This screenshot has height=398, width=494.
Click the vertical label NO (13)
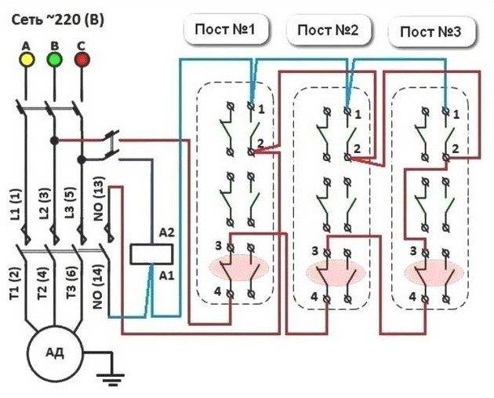tap(98, 202)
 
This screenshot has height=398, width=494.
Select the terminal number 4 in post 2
tap(314, 297)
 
